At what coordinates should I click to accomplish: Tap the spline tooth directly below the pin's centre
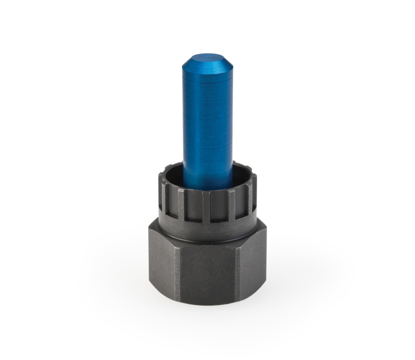pos(206,205)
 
